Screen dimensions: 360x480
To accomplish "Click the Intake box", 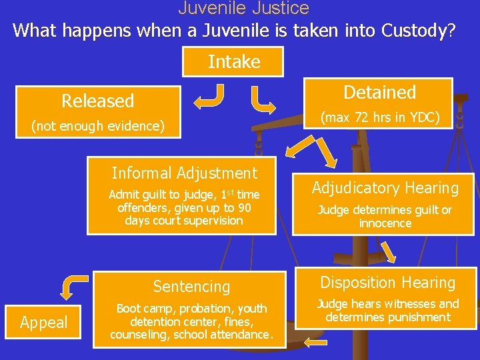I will (234, 62).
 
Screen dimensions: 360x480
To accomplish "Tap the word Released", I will (98, 101).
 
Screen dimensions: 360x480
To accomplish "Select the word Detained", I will (379, 93).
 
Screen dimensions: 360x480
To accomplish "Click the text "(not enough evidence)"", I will (98, 126).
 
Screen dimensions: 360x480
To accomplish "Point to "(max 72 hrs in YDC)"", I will (380, 118).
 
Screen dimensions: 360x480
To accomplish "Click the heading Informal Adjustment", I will (184, 173).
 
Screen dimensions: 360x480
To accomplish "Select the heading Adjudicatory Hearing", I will (385, 189).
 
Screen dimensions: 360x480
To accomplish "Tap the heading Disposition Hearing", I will (387, 283).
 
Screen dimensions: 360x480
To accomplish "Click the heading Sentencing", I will (191, 287).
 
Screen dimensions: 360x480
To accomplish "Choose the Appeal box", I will (44, 323).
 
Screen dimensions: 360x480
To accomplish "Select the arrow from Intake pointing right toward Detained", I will (263, 99).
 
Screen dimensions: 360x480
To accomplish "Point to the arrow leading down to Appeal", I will (74, 285).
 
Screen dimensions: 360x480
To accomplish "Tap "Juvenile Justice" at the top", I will (243, 8).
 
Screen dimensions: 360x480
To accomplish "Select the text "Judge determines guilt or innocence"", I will (385, 217).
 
